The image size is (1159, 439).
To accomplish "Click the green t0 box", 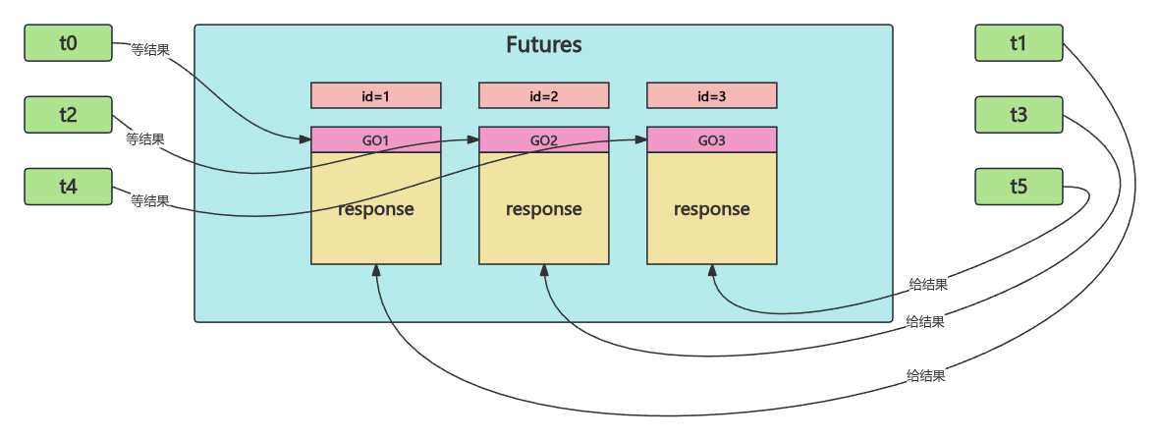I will point(68,43).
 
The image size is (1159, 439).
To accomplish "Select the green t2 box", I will point(68,115).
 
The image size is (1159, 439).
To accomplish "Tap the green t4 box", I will point(68,187).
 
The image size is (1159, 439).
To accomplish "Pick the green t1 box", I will point(1019,43).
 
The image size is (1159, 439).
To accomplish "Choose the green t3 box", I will point(1019,115).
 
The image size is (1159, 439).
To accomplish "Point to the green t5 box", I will point(1019,187).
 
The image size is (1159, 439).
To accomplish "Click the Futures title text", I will point(543,45).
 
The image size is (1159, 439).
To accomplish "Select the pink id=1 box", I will point(376,95).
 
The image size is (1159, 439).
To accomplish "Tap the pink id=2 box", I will point(544,95).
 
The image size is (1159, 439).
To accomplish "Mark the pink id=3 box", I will point(712,95).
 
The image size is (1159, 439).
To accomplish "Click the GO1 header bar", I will point(376,140).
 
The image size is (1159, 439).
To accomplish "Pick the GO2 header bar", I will point(544,140).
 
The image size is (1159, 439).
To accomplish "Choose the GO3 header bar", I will point(712,140).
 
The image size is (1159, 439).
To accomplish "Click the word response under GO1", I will point(376,209).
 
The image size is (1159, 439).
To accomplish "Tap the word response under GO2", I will point(544,209).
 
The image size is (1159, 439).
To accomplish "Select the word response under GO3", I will point(712,209).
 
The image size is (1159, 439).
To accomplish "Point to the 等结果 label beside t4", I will point(150,200).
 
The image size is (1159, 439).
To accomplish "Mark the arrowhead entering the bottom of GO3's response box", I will point(712,270).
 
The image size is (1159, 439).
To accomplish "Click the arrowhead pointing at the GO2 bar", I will point(474,140).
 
